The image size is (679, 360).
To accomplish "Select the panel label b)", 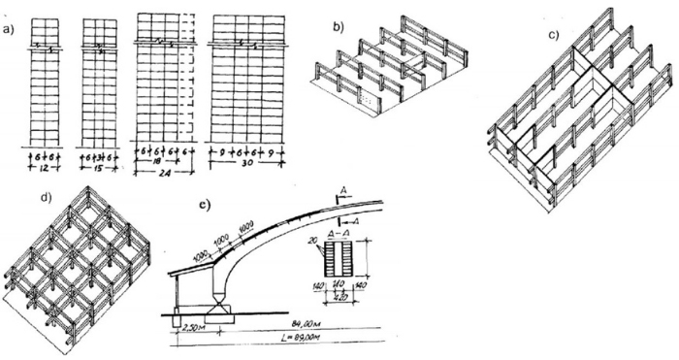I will click(339, 26).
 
